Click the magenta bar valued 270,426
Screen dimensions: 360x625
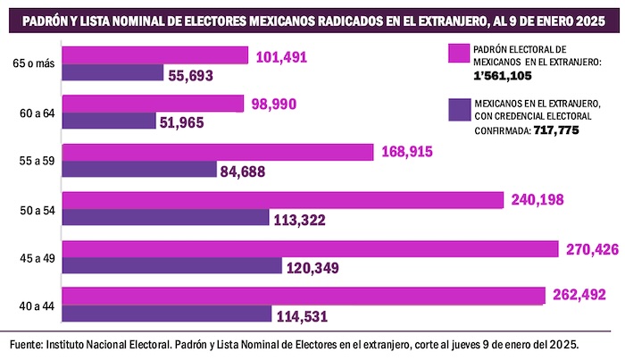click(x=312, y=249)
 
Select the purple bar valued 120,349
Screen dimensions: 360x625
click(x=175, y=266)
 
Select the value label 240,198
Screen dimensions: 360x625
click(x=537, y=200)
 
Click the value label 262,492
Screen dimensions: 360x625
click(x=579, y=296)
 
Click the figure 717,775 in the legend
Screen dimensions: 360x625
click(x=562, y=131)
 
